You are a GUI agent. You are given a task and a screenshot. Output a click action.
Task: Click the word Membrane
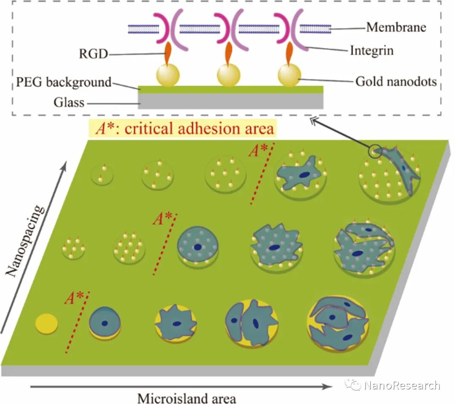[x=396, y=27]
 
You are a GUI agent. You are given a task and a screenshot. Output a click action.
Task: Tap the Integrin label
[x=371, y=51]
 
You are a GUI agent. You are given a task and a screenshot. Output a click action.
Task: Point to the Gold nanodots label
[x=396, y=81]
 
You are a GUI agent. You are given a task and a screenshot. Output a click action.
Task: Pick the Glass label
[x=69, y=102]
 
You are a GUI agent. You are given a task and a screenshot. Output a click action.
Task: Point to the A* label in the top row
[x=257, y=151]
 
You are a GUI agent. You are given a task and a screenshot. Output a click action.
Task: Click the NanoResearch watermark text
[x=402, y=385]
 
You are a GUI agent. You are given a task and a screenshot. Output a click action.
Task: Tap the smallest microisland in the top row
[x=102, y=175]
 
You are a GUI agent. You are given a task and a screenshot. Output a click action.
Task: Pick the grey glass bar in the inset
[x=230, y=100]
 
